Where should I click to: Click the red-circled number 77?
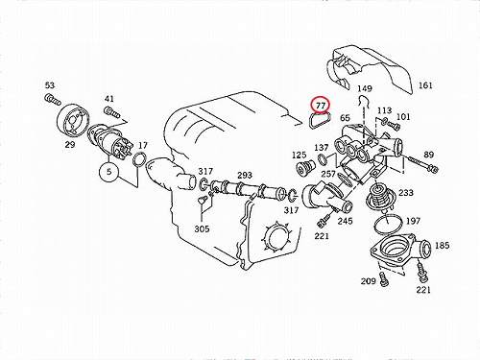321,105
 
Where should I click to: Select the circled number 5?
109,172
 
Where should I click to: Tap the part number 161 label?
425,85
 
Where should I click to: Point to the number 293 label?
245,175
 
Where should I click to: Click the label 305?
202,228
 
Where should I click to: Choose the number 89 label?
429,155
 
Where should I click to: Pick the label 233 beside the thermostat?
406,193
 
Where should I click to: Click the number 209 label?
369,281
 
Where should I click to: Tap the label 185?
443,246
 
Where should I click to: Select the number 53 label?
50,85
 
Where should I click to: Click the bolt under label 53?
53,99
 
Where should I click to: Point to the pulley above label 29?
74,122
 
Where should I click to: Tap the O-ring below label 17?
140,160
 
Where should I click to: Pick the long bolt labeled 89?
423,163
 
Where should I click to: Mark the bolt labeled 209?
383,279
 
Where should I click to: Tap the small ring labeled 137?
323,159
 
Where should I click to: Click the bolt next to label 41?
111,112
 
